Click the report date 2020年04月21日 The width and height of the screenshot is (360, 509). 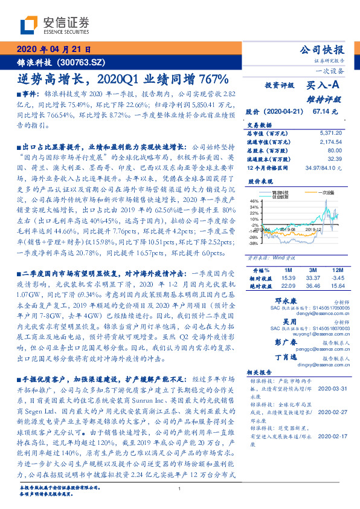(53, 50)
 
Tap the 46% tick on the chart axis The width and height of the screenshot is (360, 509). (253, 201)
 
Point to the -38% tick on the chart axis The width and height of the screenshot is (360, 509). (252, 244)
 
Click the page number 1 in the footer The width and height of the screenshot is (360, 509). (180, 488)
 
